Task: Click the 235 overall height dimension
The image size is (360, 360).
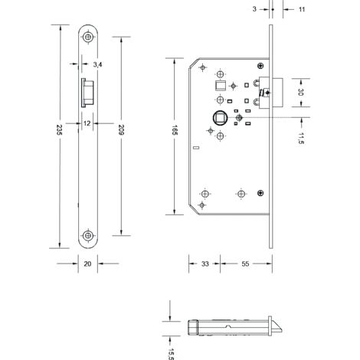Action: (x=59, y=129)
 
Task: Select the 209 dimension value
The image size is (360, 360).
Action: (x=121, y=129)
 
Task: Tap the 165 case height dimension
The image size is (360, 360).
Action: (x=175, y=130)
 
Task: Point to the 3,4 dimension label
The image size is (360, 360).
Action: (x=97, y=64)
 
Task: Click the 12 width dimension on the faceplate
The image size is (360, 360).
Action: (x=87, y=123)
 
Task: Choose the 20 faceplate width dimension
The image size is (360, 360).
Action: (x=87, y=263)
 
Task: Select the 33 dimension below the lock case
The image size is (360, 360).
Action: (x=205, y=263)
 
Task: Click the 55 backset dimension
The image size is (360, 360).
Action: (x=245, y=263)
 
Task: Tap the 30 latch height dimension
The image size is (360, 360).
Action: (x=301, y=92)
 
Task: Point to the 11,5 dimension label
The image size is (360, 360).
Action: (x=301, y=139)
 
